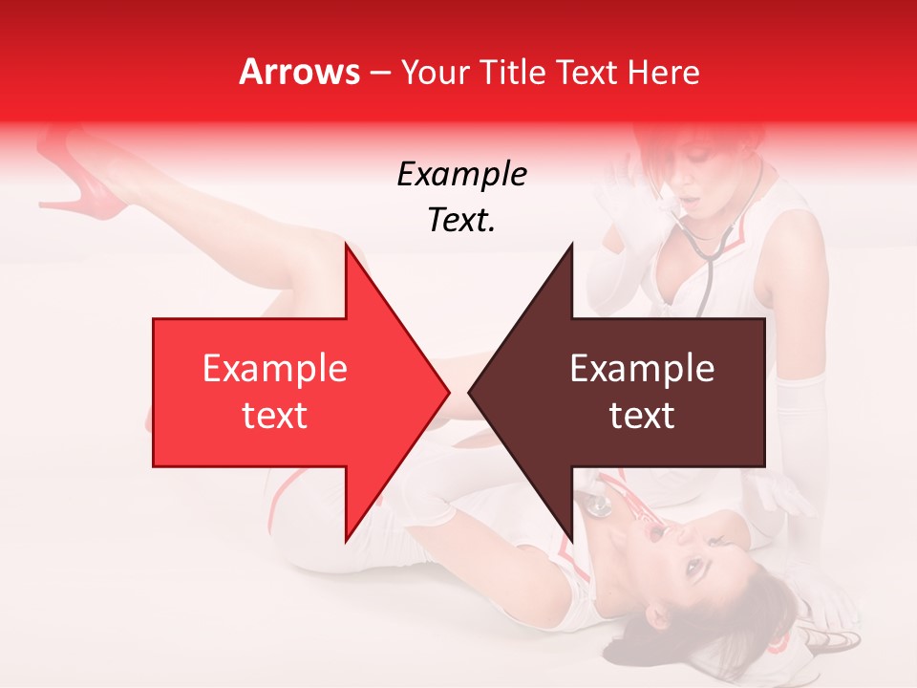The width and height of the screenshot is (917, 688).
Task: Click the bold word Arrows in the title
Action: click(299, 72)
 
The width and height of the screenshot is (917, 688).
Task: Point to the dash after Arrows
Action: click(379, 74)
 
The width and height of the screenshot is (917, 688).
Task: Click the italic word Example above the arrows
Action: click(461, 175)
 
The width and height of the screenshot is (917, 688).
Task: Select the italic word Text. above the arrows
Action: click(461, 221)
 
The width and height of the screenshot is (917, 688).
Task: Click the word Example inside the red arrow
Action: click(275, 369)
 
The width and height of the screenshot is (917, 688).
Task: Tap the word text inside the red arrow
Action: click(275, 416)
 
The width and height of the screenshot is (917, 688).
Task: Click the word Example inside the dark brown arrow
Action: click(642, 369)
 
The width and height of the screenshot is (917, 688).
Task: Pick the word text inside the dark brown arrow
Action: click(642, 416)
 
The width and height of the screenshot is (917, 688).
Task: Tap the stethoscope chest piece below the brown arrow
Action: click(599, 505)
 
